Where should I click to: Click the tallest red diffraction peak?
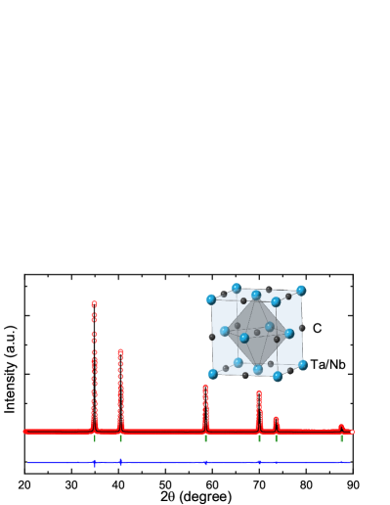click(x=94, y=305)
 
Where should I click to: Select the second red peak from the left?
click(x=120, y=353)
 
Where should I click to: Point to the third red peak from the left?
click(x=205, y=389)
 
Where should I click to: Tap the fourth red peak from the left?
click(x=259, y=394)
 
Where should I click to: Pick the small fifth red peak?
click(x=276, y=420)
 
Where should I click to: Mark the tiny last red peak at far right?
click(x=341, y=426)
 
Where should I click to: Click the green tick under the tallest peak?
click(x=95, y=438)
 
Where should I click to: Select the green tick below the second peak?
click(x=121, y=438)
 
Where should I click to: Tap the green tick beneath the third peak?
click(x=205, y=438)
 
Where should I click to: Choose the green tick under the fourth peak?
click(x=259, y=438)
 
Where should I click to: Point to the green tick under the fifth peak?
click(x=276, y=438)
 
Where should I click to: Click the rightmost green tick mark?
click(x=341, y=438)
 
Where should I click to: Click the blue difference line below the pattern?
click(x=176, y=462)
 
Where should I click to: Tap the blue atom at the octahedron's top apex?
click(x=256, y=296)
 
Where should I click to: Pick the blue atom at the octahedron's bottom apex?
click(x=258, y=369)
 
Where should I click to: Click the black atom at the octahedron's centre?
click(x=257, y=333)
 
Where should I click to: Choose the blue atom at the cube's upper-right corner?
click(x=301, y=291)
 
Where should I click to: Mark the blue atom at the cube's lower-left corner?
click(x=213, y=374)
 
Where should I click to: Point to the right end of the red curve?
click(x=352, y=432)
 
